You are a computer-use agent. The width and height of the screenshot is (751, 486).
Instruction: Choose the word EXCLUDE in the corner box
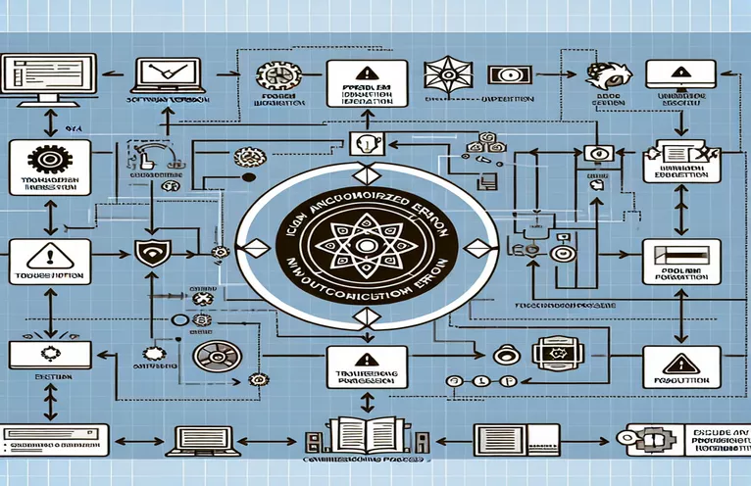(x=699, y=432)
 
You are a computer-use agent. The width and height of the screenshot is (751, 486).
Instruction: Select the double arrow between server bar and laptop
(x=128, y=438)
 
